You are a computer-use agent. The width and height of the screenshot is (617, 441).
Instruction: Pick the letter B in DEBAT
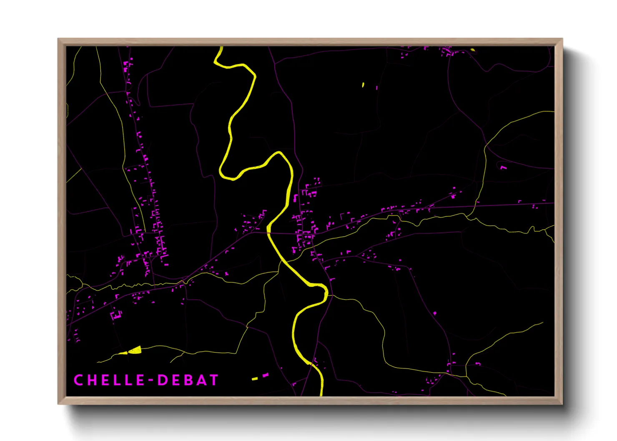[x=188, y=380]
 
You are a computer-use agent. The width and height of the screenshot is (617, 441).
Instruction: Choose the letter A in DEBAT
[x=201, y=380]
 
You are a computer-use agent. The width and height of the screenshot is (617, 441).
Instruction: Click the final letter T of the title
[x=214, y=380]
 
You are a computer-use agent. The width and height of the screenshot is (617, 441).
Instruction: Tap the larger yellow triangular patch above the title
[x=135, y=350]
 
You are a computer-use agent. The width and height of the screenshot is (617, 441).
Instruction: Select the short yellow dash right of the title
[x=255, y=378]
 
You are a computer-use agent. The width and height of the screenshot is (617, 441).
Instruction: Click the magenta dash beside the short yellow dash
[x=266, y=375]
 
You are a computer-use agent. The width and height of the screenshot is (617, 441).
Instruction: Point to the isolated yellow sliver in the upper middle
[x=363, y=85]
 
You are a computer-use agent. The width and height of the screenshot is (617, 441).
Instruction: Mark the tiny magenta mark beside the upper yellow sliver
[x=377, y=88]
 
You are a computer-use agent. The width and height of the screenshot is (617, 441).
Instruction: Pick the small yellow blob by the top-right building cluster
[x=472, y=50]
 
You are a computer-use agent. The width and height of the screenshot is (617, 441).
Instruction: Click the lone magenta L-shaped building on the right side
[x=503, y=168]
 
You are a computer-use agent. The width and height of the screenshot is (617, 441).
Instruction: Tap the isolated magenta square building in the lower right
[x=435, y=313]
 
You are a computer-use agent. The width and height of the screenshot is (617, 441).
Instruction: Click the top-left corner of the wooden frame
[x=58, y=39]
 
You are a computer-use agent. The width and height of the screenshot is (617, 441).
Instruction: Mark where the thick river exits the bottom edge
[x=321, y=394]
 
